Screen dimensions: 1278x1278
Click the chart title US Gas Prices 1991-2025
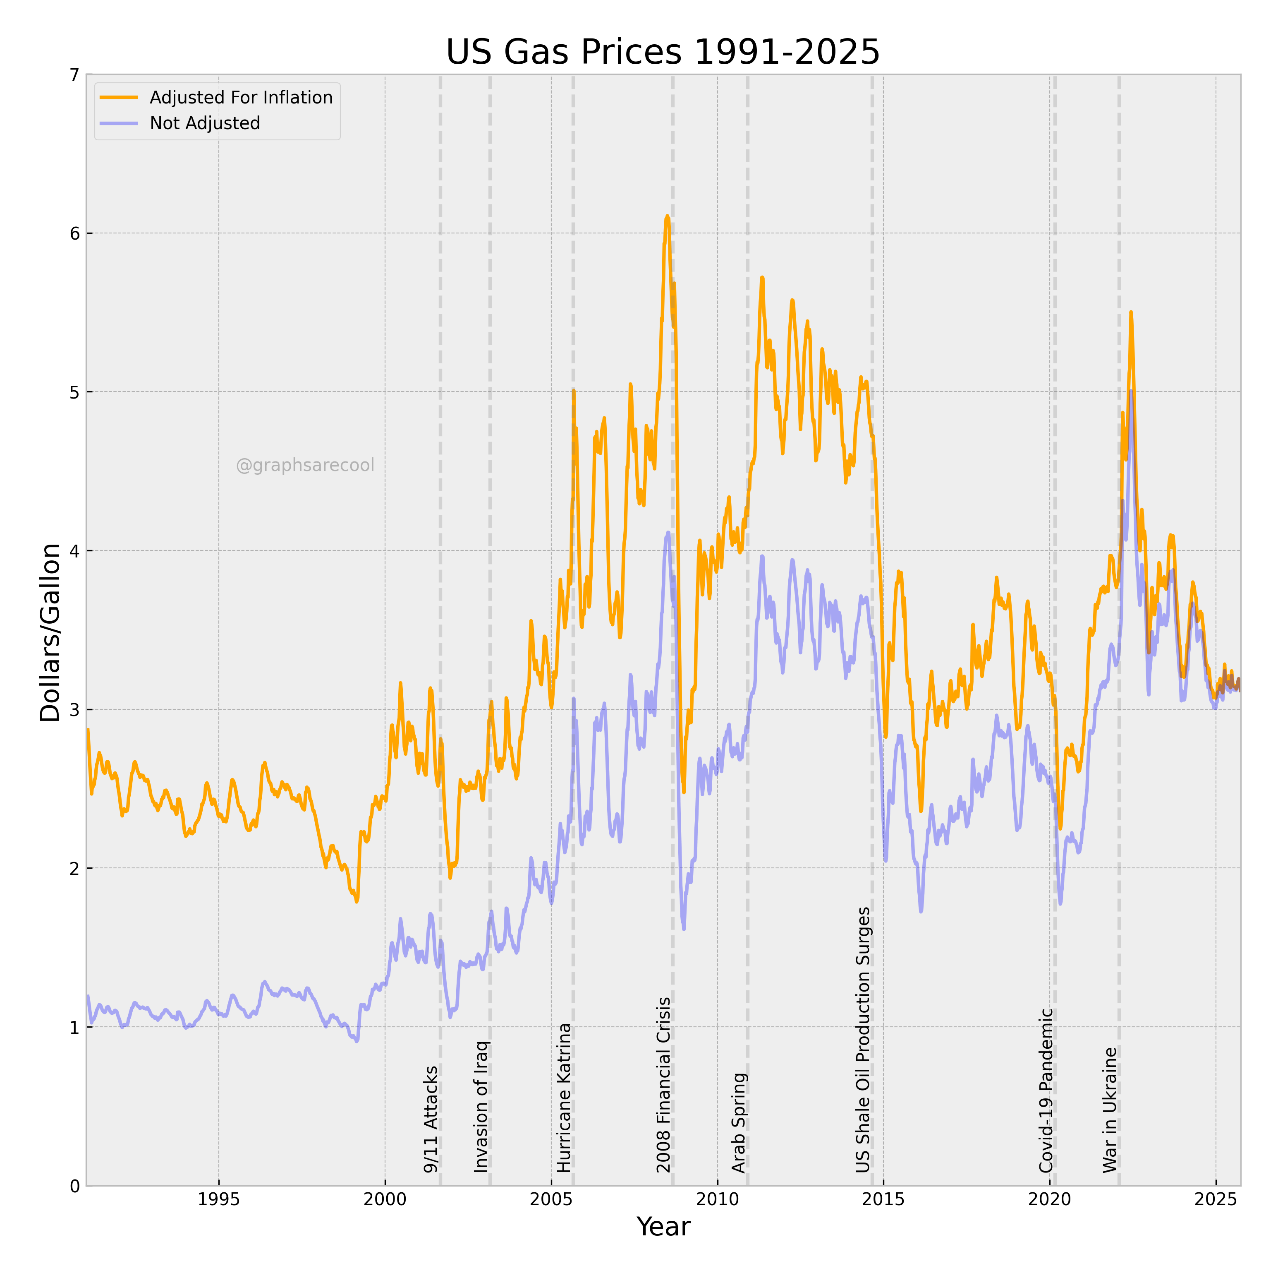point(663,52)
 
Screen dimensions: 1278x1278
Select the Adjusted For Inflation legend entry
point(216,97)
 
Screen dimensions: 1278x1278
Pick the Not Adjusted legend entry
point(180,123)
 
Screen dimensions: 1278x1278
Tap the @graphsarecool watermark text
point(305,465)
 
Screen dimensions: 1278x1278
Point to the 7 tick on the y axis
point(74,75)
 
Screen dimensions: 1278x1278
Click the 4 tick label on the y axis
point(74,551)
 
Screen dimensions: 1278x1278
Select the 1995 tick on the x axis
point(219,1199)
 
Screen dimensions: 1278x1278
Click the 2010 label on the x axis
point(717,1199)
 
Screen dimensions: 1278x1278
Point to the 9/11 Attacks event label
point(431,1119)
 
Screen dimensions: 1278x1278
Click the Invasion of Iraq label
point(481,1107)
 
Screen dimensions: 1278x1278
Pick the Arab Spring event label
point(739,1123)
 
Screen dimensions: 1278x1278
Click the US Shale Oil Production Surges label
point(863,1040)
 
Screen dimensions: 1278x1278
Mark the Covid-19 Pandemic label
point(1046,1091)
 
